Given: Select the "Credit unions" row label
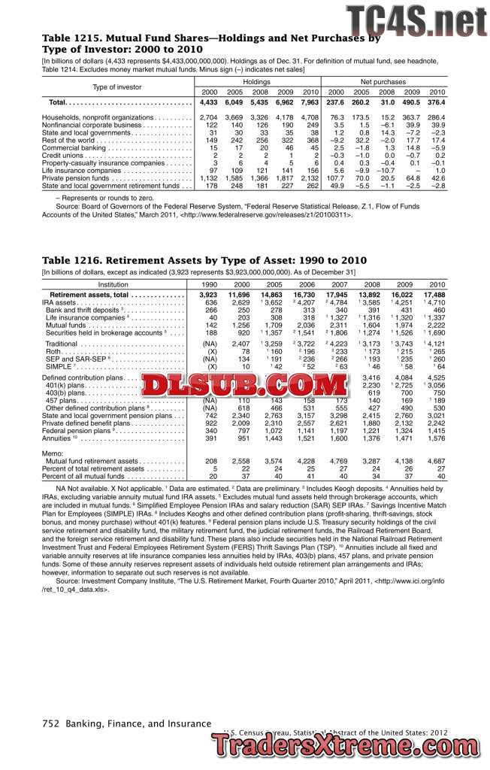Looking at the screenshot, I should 62,155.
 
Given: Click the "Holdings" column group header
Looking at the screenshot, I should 256,81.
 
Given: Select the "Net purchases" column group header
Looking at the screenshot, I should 383,81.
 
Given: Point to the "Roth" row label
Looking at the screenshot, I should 52,351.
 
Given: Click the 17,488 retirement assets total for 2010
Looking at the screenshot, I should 434,296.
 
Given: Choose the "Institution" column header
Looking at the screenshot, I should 113,284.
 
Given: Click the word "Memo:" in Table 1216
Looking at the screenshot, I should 52,453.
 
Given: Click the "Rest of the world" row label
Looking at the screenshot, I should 68,140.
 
